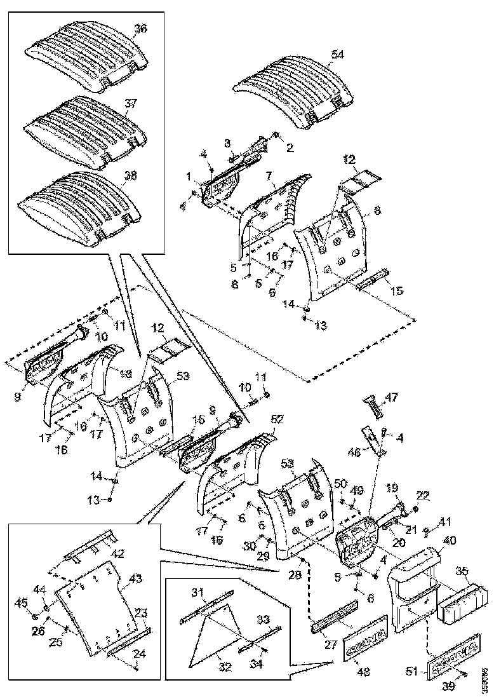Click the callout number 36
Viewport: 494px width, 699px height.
pos(140,29)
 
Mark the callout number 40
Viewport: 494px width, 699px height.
pos(450,540)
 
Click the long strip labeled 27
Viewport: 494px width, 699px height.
pos(334,622)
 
